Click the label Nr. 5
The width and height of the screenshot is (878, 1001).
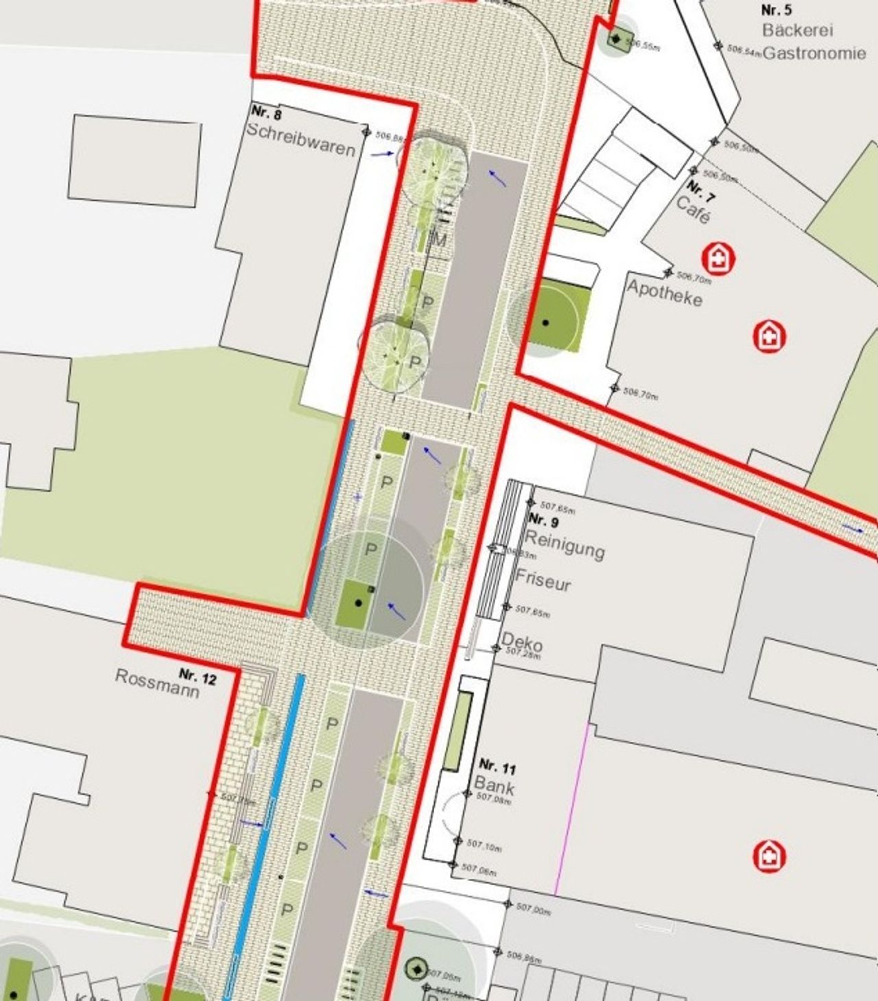(776, 10)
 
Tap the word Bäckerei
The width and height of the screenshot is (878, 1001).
(797, 30)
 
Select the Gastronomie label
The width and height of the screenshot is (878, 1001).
(814, 53)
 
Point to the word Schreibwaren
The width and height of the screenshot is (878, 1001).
(300, 139)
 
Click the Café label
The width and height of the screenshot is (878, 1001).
(693, 210)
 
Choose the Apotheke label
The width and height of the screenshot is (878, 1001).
(664, 293)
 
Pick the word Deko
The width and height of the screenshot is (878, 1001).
(521, 642)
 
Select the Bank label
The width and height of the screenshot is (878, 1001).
(494, 786)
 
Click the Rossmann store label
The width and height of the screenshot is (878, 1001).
(157, 683)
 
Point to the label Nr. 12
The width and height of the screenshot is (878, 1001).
(198, 677)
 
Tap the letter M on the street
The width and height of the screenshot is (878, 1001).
(439, 240)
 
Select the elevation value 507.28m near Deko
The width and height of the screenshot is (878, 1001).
(523, 654)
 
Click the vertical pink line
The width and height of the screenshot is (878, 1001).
(572, 809)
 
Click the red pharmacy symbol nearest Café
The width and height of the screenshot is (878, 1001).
(718, 258)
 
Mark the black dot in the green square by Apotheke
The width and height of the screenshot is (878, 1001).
(545, 322)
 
